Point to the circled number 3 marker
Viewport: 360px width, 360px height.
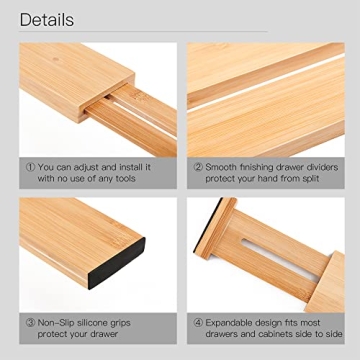click(x=27, y=323)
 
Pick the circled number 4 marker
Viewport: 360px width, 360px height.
click(x=198, y=323)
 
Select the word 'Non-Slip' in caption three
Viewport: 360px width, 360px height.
click(x=57, y=323)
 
